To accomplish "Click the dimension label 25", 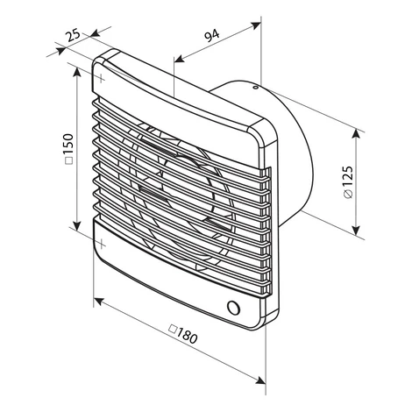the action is (x=73, y=35).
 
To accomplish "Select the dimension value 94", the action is (x=212, y=36).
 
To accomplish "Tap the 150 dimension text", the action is (x=68, y=145).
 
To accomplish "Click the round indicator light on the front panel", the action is (x=233, y=308).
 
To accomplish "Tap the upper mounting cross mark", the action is (x=101, y=78).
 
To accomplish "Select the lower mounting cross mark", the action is (x=101, y=244).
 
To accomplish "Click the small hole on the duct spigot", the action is (x=255, y=87).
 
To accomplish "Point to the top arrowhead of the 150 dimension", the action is (x=77, y=73).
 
